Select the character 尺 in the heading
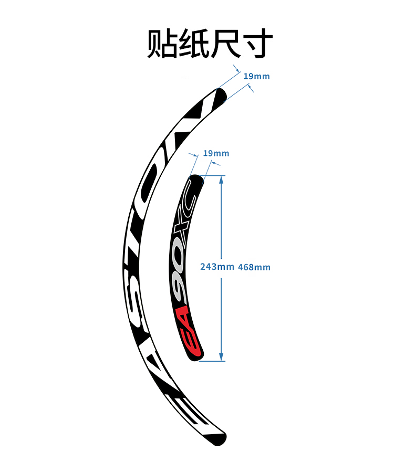pyautogui.click(x=227, y=44)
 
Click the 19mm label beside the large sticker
pyautogui.click(x=256, y=77)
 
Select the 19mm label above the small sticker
pyautogui.click(x=216, y=153)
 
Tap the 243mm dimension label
pyautogui.click(x=217, y=267)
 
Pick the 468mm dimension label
pyautogui.click(x=254, y=267)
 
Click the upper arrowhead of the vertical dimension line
pyautogui.click(x=221, y=179)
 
